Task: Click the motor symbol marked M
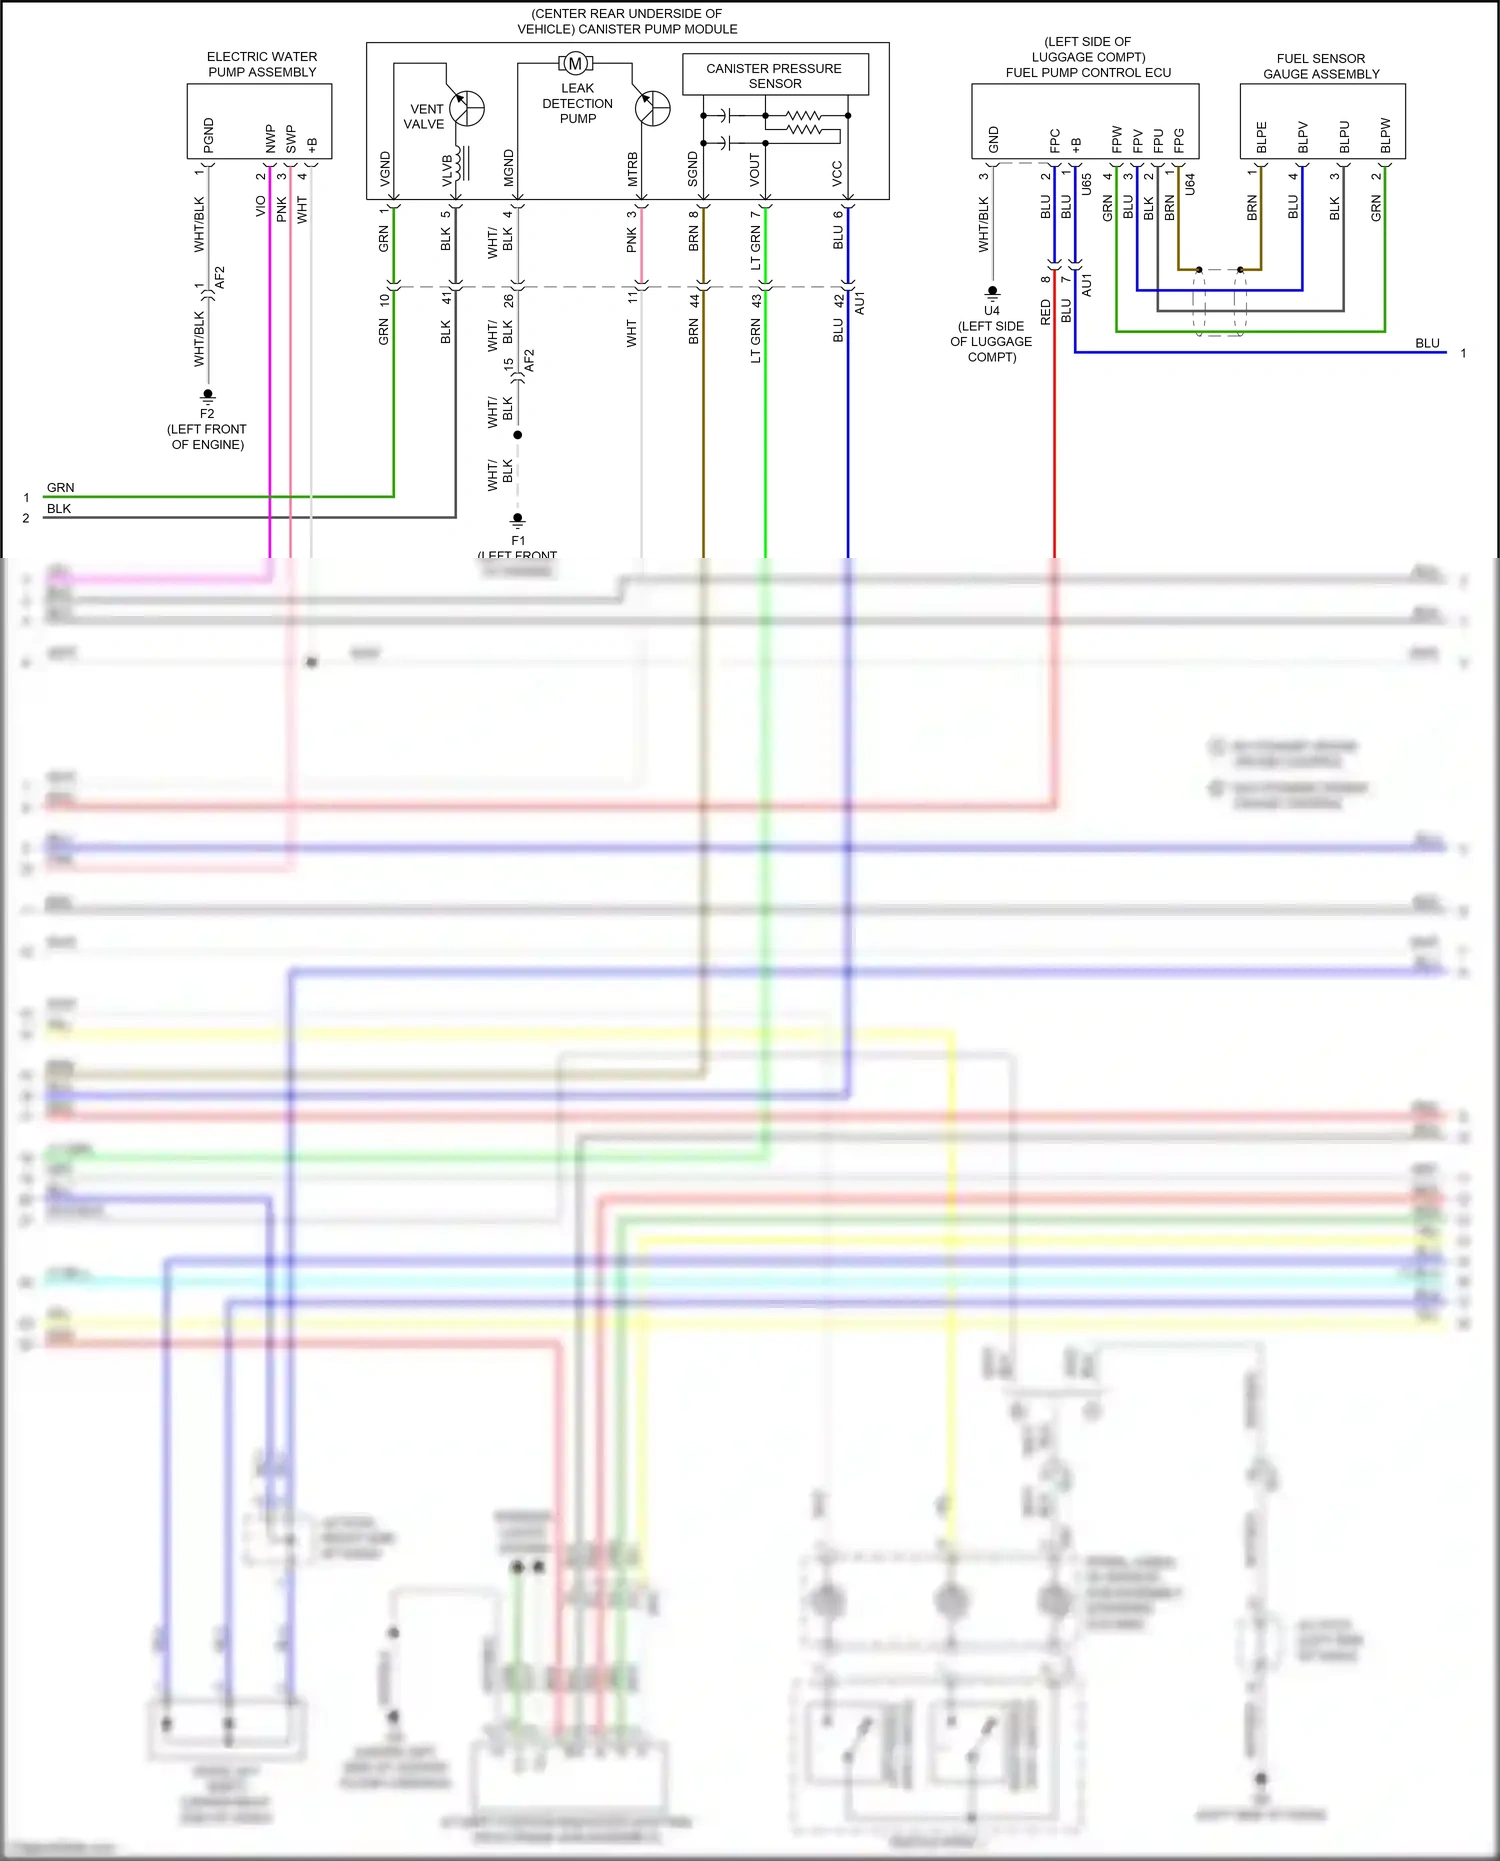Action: click(x=575, y=64)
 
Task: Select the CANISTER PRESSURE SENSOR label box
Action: click(x=774, y=75)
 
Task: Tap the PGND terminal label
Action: click(x=209, y=135)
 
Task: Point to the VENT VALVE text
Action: click(x=425, y=116)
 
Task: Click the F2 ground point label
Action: click(x=207, y=413)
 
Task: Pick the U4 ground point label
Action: click(x=992, y=311)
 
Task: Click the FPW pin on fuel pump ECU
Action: click(x=1117, y=139)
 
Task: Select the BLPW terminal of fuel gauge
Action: click(x=1385, y=136)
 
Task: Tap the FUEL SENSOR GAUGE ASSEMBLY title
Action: click(x=1321, y=66)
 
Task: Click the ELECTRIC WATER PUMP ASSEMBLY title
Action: click(x=262, y=64)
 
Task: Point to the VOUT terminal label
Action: click(x=755, y=169)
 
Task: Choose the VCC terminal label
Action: click(x=837, y=173)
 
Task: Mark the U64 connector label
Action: click(x=1190, y=184)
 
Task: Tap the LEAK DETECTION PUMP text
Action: click(x=578, y=103)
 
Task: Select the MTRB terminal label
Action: click(x=632, y=169)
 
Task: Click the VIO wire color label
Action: click(x=261, y=206)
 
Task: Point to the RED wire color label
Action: click(x=1046, y=312)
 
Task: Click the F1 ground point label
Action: click(x=518, y=540)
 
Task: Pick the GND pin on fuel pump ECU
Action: click(x=993, y=139)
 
